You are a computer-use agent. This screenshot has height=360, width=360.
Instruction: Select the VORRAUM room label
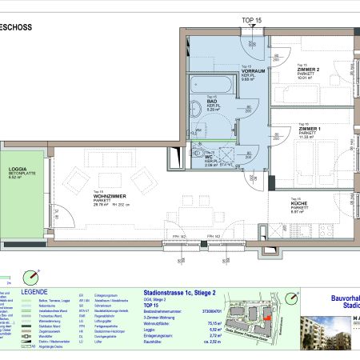(253, 72)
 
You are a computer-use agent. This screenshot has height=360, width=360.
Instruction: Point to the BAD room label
(212, 101)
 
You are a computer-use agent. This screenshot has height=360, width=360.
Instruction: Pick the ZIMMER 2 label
(308, 72)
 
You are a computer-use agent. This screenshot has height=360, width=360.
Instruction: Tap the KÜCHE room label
(302, 206)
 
